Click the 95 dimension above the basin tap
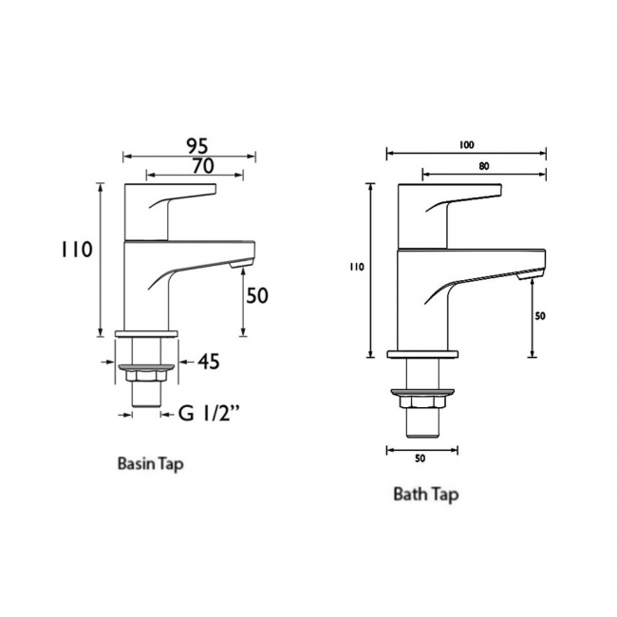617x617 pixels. pyautogui.click(x=196, y=146)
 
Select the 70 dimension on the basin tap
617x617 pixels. pyautogui.click(x=203, y=166)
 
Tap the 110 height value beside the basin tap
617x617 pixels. pyautogui.click(x=76, y=250)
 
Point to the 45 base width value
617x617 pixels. pyautogui.click(x=208, y=362)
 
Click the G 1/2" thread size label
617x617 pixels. pyautogui.click(x=210, y=413)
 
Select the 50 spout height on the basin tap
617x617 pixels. pyautogui.click(x=257, y=295)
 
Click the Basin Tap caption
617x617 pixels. pyautogui.click(x=151, y=464)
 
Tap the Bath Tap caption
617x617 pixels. pyautogui.click(x=426, y=495)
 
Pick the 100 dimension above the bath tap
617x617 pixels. pyautogui.click(x=466, y=145)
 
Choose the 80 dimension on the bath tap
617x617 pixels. pyautogui.click(x=484, y=166)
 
